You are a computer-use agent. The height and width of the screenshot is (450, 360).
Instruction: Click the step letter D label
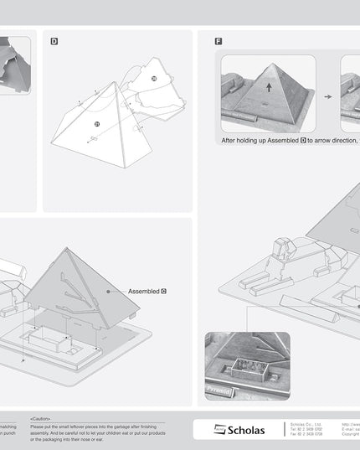(x=54, y=40)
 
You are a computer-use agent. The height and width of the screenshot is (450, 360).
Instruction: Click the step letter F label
(x=219, y=40)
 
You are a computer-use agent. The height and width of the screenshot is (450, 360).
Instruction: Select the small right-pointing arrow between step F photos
(x=328, y=96)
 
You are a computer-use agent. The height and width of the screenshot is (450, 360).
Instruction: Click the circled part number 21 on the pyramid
(x=97, y=123)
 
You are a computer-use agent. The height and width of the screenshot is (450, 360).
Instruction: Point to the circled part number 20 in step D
(x=153, y=78)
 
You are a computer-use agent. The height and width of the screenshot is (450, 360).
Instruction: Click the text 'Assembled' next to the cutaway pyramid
(x=143, y=291)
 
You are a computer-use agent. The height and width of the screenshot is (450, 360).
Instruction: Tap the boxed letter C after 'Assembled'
(x=164, y=291)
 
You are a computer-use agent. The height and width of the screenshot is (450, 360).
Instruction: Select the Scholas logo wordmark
(x=245, y=430)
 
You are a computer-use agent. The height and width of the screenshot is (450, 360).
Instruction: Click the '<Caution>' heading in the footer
(x=41, y=418)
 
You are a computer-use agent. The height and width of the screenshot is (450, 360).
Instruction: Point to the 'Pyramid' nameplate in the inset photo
(x=219, y=391)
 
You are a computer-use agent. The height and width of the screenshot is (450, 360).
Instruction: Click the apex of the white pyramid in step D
(x=114, y=82)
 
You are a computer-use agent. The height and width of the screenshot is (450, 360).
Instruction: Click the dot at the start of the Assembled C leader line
(x=109, y=291)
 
